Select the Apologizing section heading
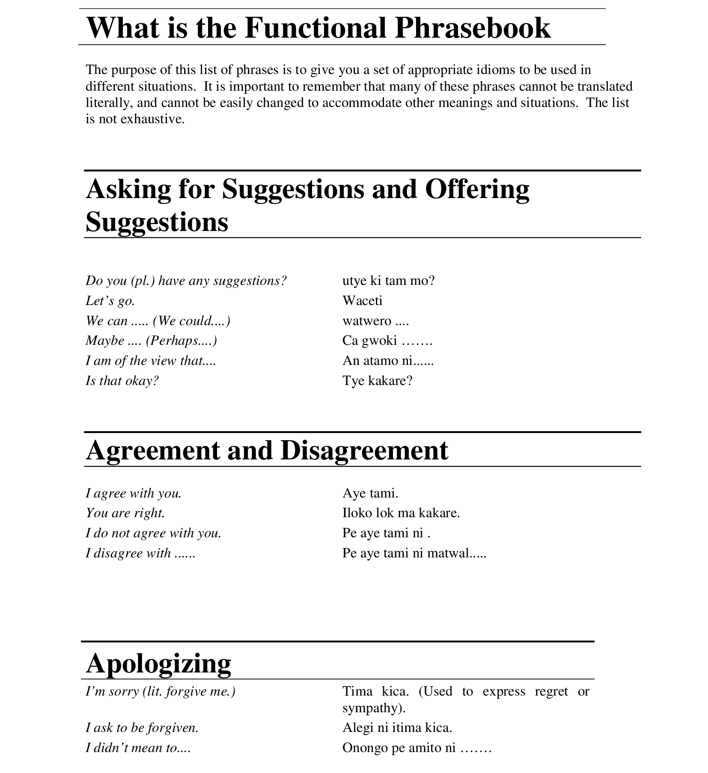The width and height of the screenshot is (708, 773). pyautogui.click(x=158, y=663)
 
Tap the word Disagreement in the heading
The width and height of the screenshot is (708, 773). pyautogui.click(x=364, y=450)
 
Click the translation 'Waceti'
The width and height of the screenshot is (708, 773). pyautogui.click(x=362, y=301)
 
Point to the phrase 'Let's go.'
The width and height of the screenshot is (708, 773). pyautogui.click(x=110, y=301)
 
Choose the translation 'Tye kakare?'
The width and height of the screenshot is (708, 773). pyautogui.click(x=377, y=381)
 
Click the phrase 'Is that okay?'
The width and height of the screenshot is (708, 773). pyautogui.click(x=122, y=381)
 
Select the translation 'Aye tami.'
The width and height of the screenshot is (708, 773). pyautogui.click(x=370, y=493)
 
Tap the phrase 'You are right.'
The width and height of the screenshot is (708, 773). pyautogui.click(x=125, y=513)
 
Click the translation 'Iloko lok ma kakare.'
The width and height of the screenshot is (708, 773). pyautogui.click(x=401, y=513)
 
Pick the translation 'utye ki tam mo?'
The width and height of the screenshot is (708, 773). pyautogui.click(x=388, y=281)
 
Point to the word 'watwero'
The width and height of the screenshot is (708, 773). pyautogui.click(x=366, y=321)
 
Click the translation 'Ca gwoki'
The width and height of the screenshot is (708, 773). pyautogui.click(x=369, y=341)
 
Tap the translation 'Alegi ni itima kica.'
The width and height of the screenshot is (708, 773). pyautogui.click(x=397, y=728)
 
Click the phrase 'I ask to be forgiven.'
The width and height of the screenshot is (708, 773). pyautogui.click(x=142, y=728)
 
